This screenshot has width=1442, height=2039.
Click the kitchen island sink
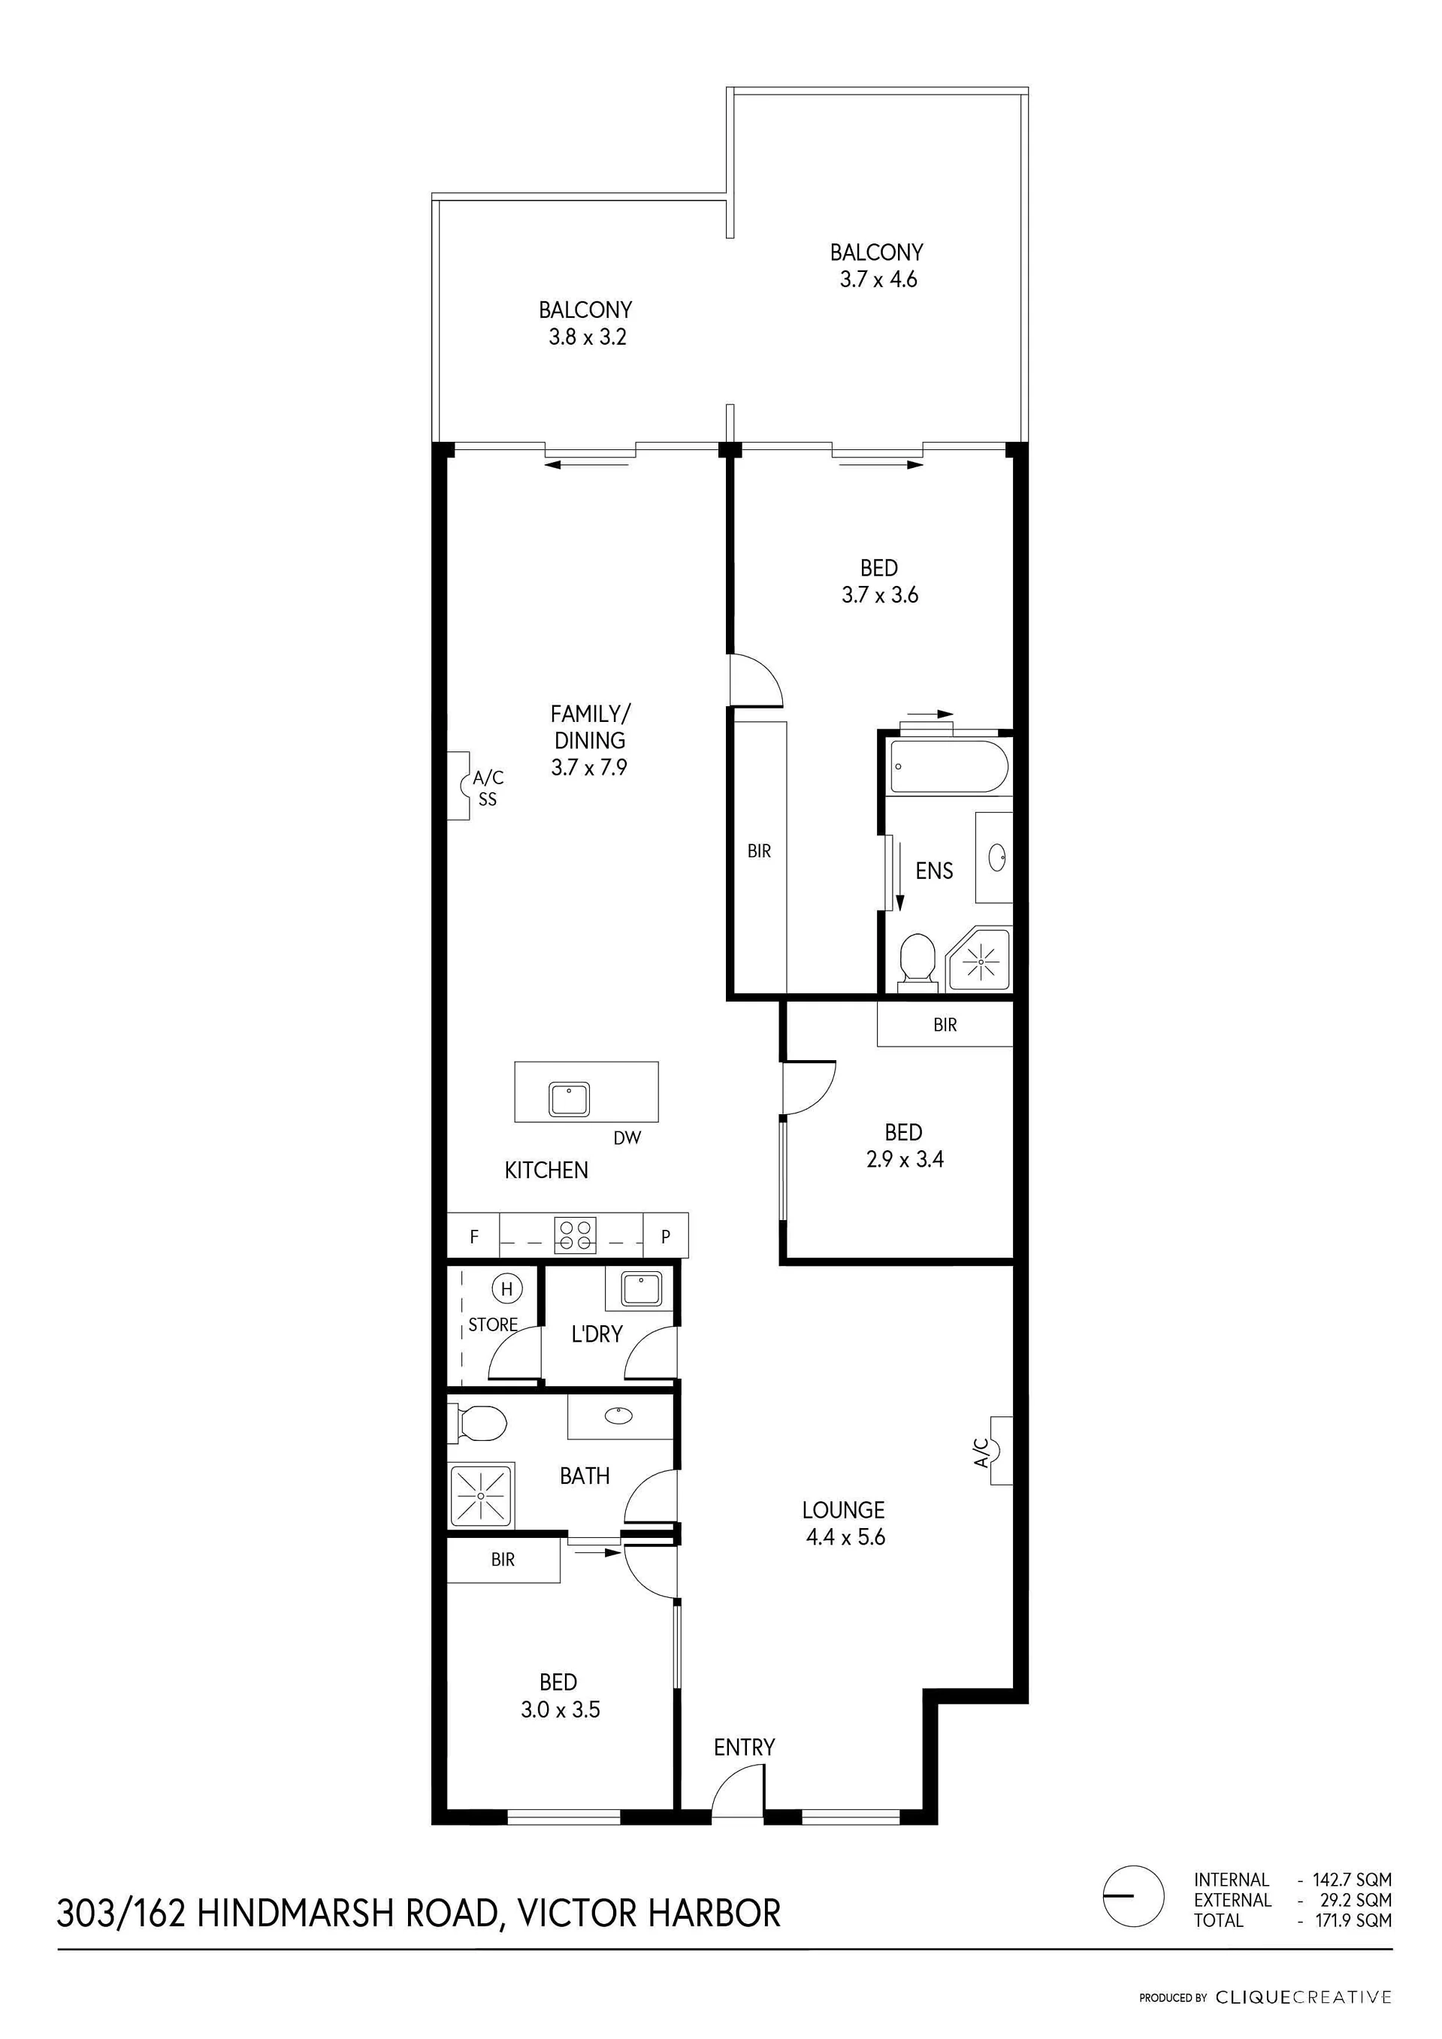coord(570,1099)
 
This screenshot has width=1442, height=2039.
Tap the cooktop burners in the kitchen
coord(575,1235)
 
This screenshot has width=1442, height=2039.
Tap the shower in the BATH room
coord(481,1497)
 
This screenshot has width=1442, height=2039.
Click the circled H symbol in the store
coord(507,1288)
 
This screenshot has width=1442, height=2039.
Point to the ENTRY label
coord(745,1747)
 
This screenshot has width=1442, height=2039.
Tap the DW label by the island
coord(627,1137)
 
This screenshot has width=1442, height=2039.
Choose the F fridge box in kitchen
coord(473,1235)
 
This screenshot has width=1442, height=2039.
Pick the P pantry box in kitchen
coord(666,1235)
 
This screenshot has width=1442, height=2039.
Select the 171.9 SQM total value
coord(1353,1920)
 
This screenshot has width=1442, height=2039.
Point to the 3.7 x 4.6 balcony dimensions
coord(878,279)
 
